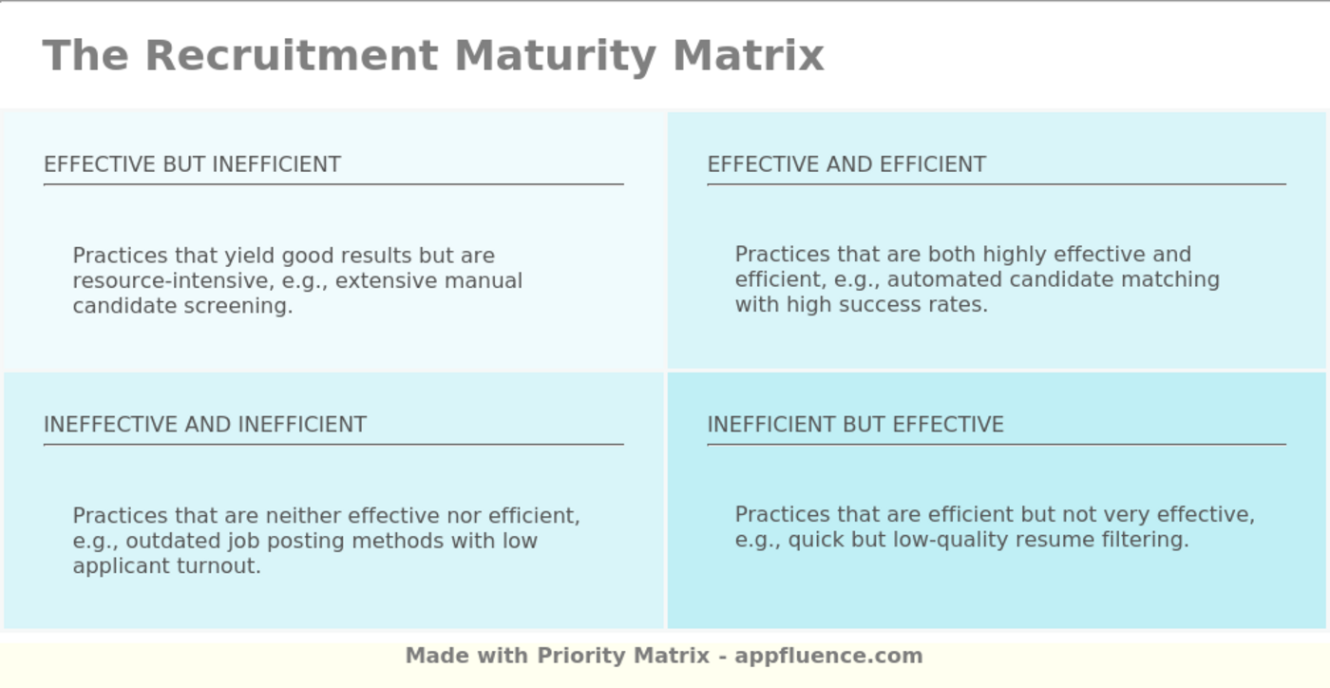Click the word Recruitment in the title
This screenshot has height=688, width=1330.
(x=291, y=55)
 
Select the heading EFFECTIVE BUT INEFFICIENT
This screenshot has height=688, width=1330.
(x=192, y=164)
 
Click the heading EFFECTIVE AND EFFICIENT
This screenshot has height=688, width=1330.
(x=846, y=164)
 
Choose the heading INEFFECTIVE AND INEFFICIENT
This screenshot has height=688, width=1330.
(x=205, y=425)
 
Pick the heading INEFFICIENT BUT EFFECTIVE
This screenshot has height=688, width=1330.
(x=855, y=425)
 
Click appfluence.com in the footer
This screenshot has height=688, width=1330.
(x=828, y=656)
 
